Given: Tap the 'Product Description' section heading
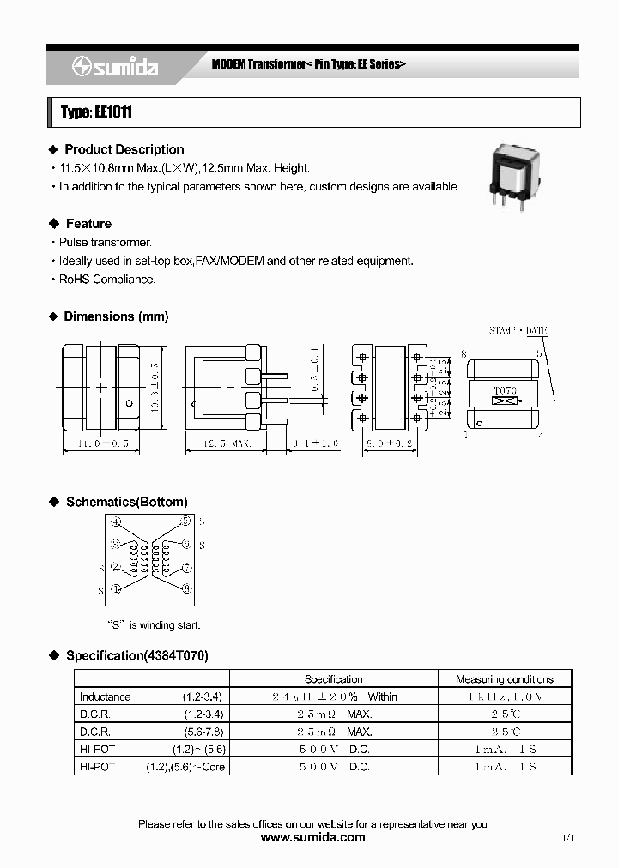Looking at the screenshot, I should point(124,149).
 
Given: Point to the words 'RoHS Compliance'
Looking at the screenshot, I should point(107,279).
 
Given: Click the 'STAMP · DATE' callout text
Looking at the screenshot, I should point(518,330).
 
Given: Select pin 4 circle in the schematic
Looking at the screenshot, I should point(117,521).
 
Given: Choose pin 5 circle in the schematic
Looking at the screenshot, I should point(185,521).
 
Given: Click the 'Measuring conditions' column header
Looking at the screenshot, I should point(505,678).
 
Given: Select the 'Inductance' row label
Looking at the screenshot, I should point(105,696).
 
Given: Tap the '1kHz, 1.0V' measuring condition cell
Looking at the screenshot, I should point(506,696).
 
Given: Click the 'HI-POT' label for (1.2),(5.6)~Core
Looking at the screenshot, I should point(96,766).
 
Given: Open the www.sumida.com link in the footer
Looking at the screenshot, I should point(312,837).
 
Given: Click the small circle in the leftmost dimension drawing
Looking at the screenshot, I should point(129,403).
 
